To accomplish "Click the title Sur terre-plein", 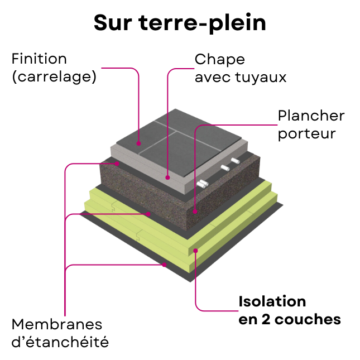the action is tap(180, 23).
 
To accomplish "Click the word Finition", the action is tap(39, 59).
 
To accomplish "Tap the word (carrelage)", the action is tap(54, 76).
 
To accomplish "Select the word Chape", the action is tap(220, 60).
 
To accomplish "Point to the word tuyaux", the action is tap(261, 78).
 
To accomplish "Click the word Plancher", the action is tap(311, 116).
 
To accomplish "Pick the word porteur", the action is tap(307, 134).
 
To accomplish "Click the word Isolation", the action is tap(272, 301).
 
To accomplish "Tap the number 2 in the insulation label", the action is tap(266, 319).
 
